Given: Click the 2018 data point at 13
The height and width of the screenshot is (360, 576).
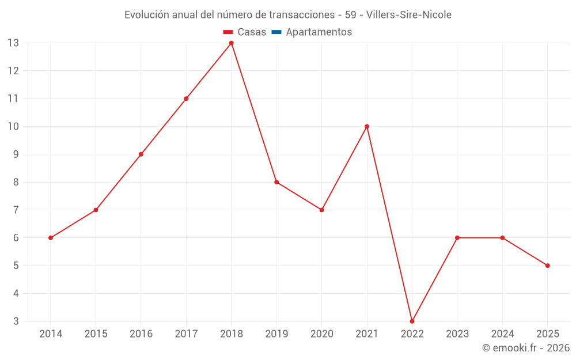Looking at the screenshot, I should [231, 43].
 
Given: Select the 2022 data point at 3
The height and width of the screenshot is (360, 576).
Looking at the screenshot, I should [412, 321].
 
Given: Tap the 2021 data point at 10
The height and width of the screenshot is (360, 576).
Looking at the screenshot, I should [367, 127].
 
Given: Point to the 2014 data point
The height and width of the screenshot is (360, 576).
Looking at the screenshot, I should [51, 238].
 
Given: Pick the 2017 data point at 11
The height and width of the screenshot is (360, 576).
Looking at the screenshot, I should [186, 98].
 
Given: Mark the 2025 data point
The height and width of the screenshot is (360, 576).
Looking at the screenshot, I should [547, 266].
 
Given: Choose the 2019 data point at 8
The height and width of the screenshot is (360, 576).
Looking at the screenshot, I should [276, 182].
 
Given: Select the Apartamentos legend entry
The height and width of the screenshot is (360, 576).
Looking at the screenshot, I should [319, 32].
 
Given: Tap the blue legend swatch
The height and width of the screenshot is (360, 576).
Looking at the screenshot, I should [276, 32].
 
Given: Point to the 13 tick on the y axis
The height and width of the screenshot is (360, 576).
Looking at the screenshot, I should [13, 43].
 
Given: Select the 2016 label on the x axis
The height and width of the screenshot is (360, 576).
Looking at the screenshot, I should [141, 334].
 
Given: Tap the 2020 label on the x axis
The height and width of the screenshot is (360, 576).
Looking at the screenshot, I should [321, 334].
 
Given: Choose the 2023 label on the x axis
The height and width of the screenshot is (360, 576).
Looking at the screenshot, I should [457, 334].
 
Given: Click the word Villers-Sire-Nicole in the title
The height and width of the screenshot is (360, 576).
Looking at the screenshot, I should [409, 14].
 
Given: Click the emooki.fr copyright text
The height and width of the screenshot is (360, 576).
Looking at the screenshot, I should [526, 348].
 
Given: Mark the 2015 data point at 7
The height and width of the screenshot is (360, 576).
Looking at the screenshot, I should [96, 210].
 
